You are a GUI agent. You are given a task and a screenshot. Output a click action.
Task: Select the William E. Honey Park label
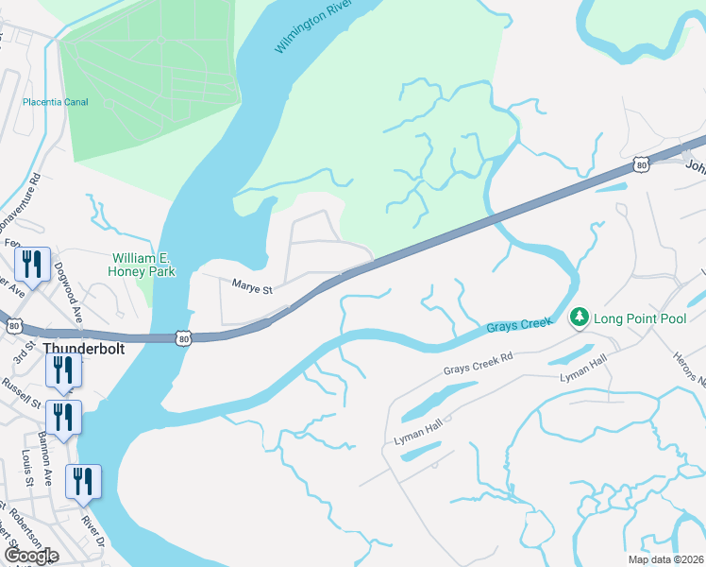coord(144,265)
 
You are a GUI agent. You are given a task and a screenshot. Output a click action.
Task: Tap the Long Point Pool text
coord(639,318)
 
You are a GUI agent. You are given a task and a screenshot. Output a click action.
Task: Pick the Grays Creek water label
coord(519,325)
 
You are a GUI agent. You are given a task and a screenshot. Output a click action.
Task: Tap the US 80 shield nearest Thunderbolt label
coord(183,336)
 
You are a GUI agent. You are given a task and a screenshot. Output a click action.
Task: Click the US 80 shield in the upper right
coord(642,165)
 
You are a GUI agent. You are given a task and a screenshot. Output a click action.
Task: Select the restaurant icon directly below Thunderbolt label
coord(64,370)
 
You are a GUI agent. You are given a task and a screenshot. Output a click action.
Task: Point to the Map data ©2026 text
coord(665,559)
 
